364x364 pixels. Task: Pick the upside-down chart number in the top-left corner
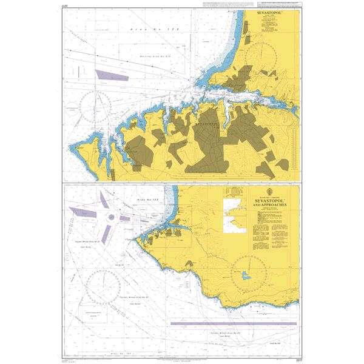point(65,6)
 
